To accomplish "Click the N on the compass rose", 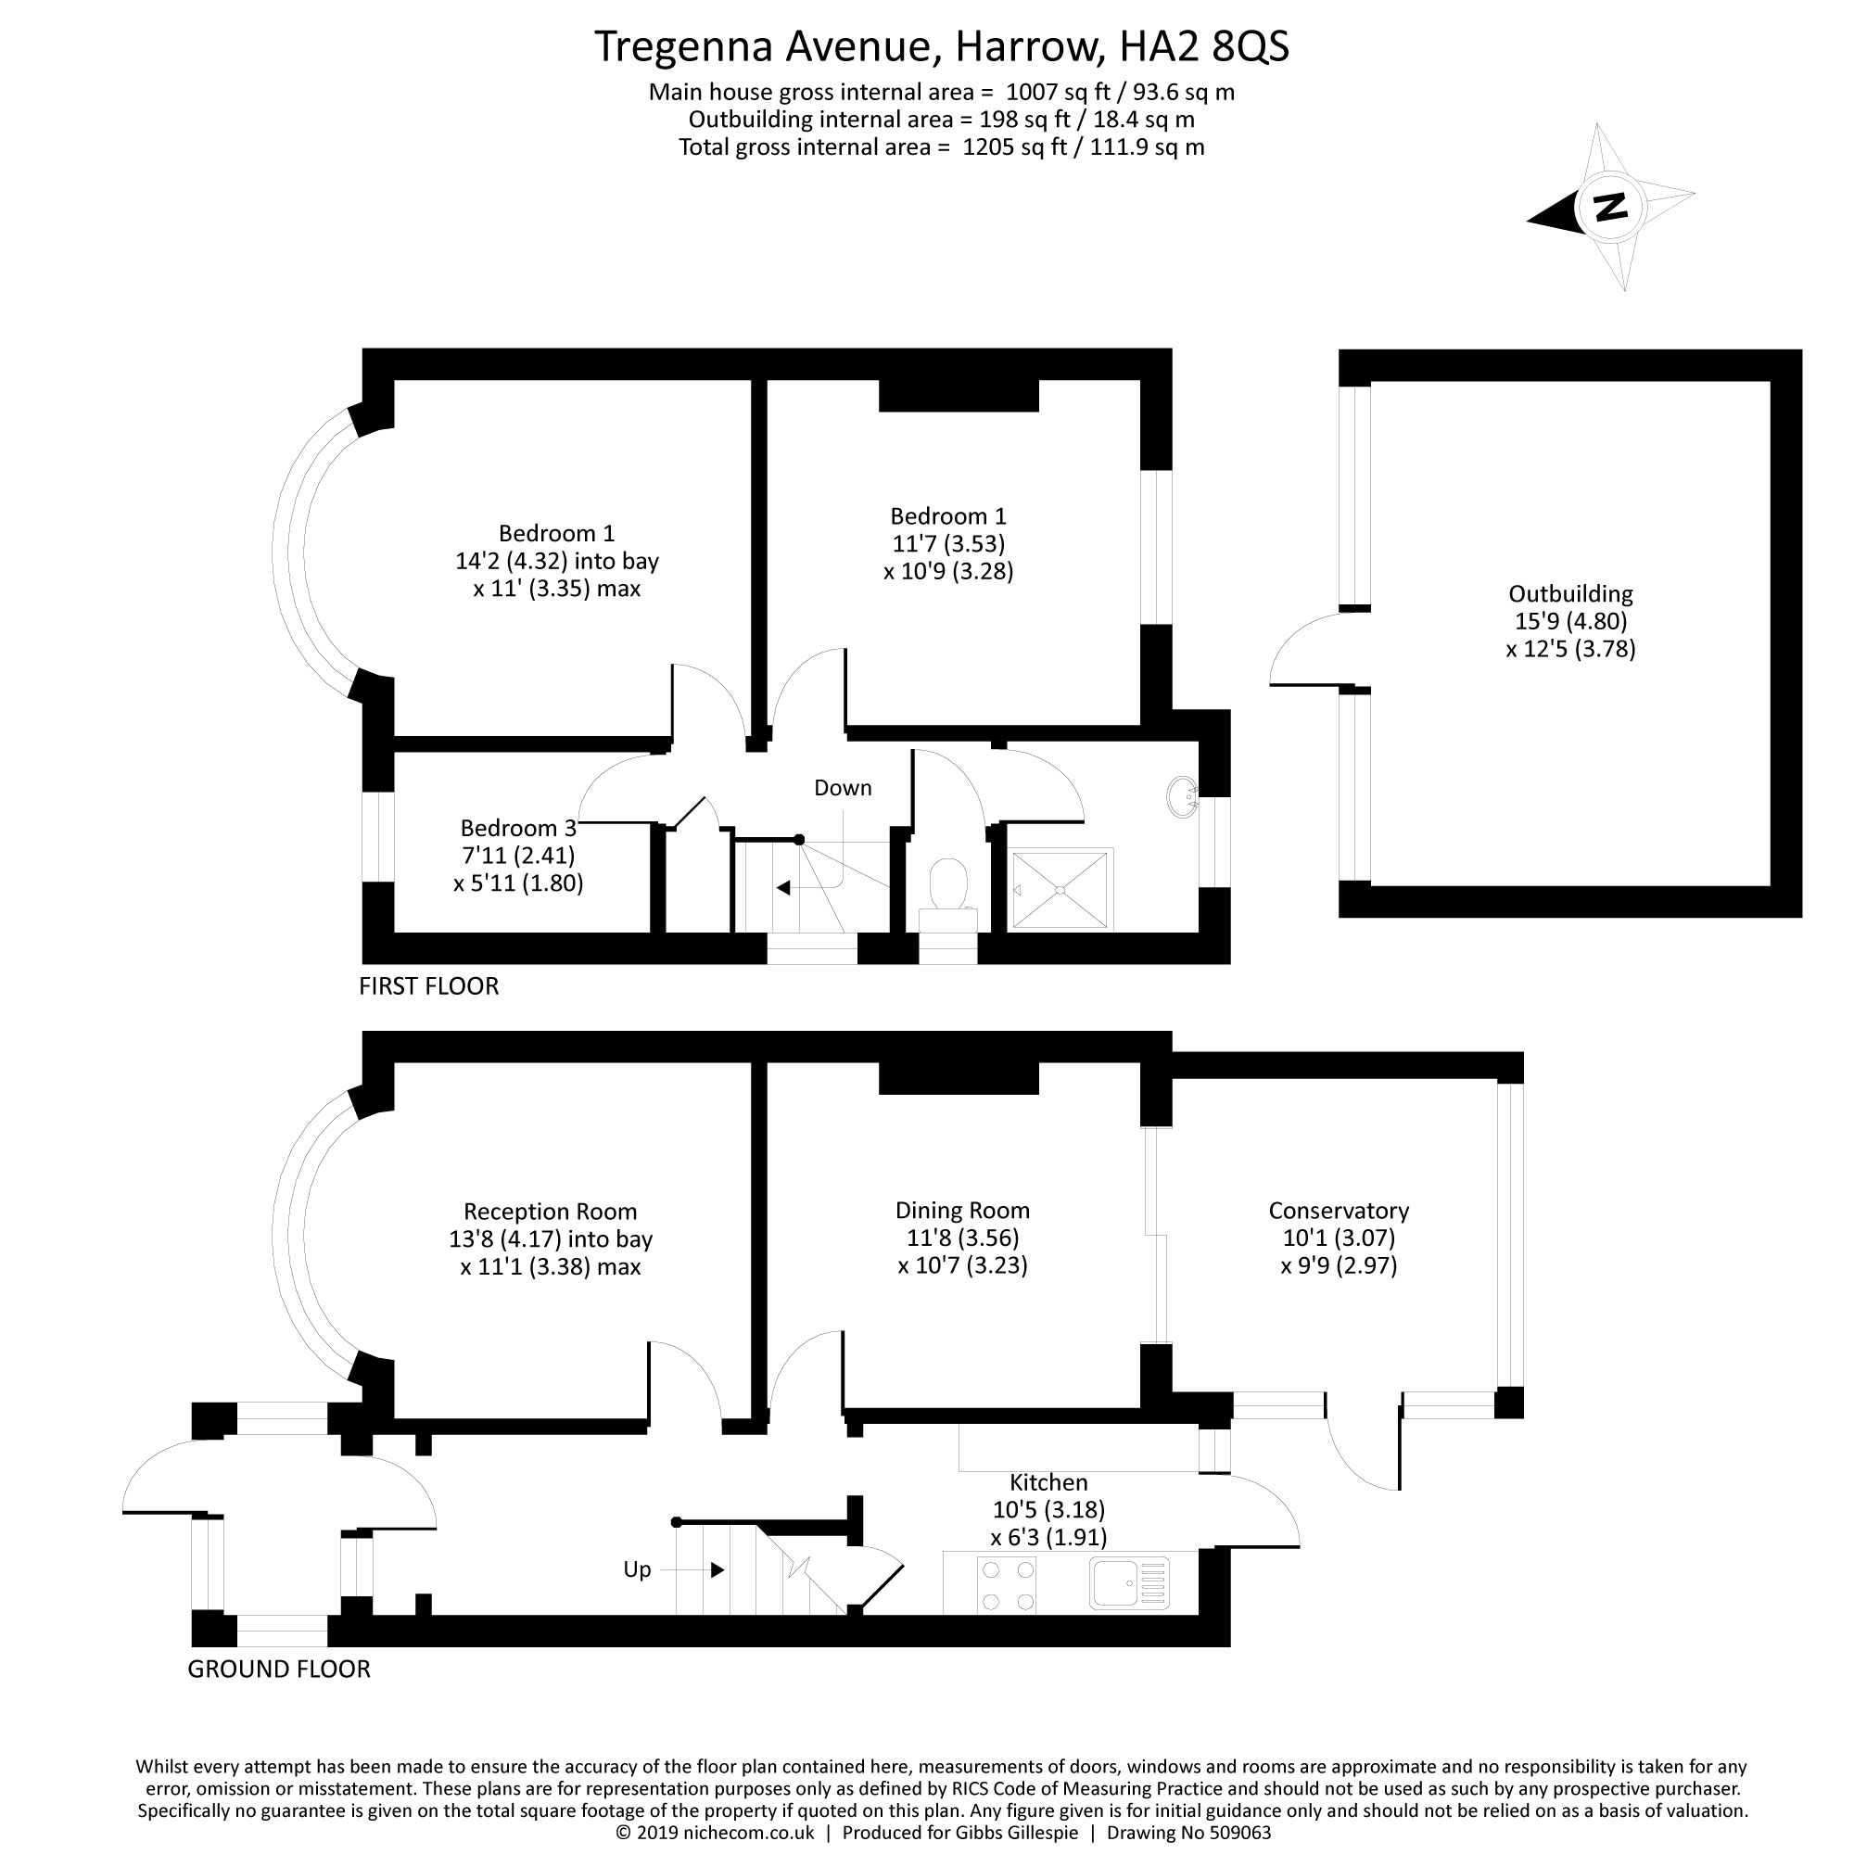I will click(1609, 207).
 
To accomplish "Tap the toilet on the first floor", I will click(948, 883).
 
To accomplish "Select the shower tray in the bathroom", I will click(1060, 890).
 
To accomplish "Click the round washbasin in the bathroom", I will click(1183, 796).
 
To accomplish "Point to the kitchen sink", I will click(1128, 1582).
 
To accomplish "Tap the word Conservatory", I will click(1338, 1211).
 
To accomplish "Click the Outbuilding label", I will click(1570, 594).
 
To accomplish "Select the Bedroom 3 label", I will click(518, 828).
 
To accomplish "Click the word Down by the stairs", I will click(843, 788).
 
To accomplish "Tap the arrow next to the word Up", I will click(716, 1570).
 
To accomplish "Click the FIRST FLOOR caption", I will click(429, 986).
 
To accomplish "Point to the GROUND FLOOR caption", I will click(278, 1669).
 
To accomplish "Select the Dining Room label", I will click(961, 1211).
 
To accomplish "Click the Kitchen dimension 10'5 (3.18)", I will click(1048, 1509).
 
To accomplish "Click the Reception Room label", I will click(550, 1212).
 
